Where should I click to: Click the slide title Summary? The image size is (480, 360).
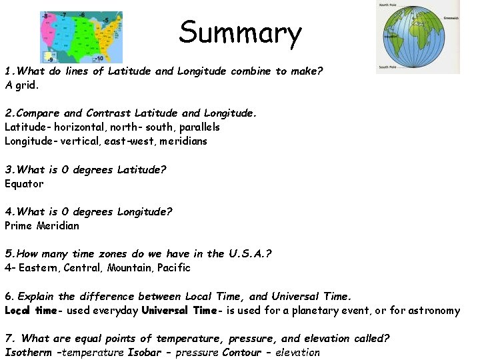pyautogui.click(x=240, y=32)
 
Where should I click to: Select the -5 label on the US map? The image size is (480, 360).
pyautogui.click(x=106, y=21)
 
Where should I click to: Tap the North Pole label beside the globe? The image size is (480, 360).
pyautogui.click(x=389, y=5)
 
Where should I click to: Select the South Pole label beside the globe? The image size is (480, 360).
pyautogui.click(x=389, y=67)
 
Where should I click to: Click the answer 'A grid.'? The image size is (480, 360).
pyautogui.click(x=22, y=85)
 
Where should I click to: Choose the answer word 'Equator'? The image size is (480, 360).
pyautogui.click(x=24, y=183)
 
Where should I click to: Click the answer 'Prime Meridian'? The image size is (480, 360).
pyautogui.click(x=42, y=225)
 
